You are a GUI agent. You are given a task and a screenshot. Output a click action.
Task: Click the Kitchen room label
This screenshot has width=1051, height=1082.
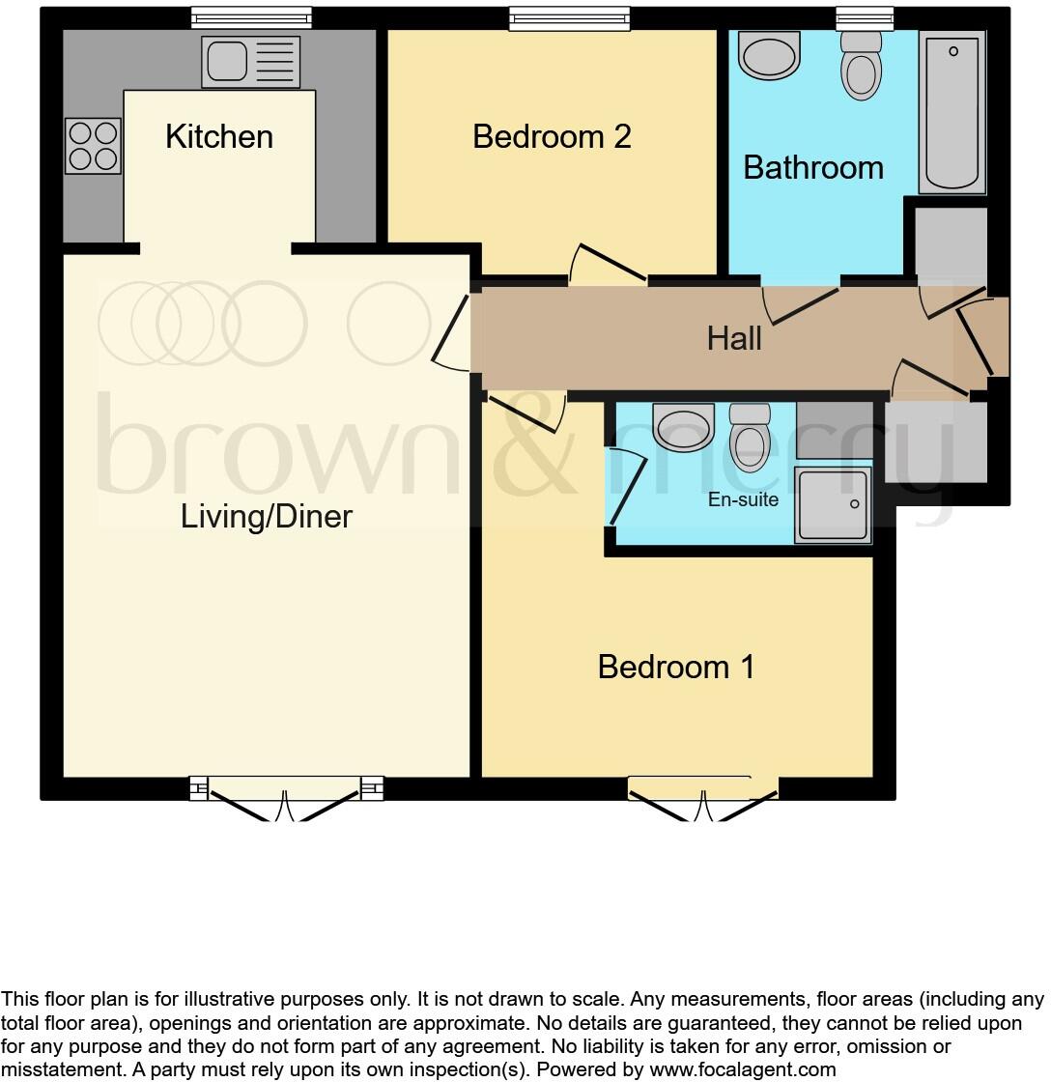click(x=219, y=137)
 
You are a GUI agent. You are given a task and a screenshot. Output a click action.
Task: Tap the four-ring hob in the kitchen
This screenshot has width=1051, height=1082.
click(x=93, y=146)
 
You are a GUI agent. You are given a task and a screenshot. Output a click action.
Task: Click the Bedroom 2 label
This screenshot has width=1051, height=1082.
click(x=552, y=137)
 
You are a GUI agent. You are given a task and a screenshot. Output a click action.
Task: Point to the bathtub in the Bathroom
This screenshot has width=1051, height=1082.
click(x=952, y=111)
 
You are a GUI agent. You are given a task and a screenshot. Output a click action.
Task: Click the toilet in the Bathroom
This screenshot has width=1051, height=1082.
click(x=862, y=65)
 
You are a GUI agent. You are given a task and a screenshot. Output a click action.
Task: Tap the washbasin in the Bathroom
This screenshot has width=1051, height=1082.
click(x=770, y=54)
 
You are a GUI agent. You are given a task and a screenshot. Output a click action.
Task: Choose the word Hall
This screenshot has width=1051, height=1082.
click(x=734, y=339)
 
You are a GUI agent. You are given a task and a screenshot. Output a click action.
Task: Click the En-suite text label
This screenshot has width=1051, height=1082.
click(x=744, y=500)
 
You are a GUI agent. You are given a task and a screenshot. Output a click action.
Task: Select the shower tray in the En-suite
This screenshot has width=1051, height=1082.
click(x=833, y=505)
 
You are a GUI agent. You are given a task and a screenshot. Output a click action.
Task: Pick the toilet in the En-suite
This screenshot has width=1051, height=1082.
click(x=749, y=436)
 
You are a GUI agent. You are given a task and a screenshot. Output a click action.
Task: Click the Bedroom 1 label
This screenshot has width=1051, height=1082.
click(x=676, y=668)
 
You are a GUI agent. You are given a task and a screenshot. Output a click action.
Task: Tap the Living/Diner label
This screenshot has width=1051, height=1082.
click(x=267, y=517)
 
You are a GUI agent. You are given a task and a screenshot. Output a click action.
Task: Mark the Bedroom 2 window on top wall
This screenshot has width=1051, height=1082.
click(x=570, y=17)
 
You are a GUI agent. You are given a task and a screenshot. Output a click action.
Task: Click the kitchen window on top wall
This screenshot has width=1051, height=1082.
click(x=251, y=17)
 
